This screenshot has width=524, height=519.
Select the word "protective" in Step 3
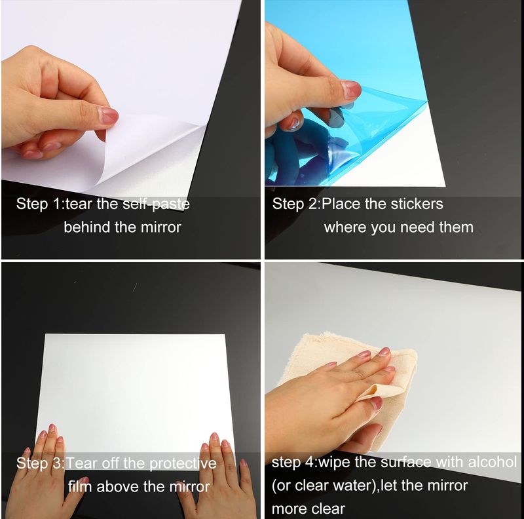click(183, 464)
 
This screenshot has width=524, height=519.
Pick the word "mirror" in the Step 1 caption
click(160, 227)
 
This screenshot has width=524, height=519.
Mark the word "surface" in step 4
click(405, 462)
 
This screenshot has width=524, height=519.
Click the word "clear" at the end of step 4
click(328, 509)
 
